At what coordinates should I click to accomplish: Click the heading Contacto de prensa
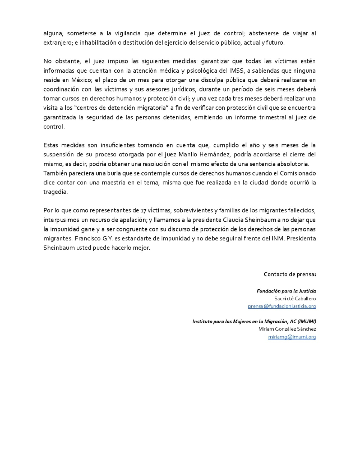[x=289, y=274]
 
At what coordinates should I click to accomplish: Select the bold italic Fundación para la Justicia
[x=286, y=291]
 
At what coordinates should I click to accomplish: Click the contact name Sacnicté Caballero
[x=295, y=298]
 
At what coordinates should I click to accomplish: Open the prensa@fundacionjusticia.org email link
[x=282, y=306]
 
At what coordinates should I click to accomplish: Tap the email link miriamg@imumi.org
[x=292, y=337]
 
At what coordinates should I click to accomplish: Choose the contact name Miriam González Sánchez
[x=287, y=329]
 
